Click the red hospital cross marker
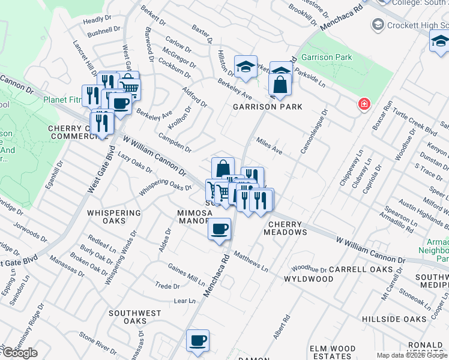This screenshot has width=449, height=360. tap(363, 104)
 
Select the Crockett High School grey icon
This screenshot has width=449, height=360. tap(378, 25)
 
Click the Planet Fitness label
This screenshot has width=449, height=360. tap(62, 100)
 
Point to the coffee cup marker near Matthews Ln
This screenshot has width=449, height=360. tap(220, 229)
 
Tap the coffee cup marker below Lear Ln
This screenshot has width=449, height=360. tap(197, 341)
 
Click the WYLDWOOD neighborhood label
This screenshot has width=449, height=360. tap(308, 279)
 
